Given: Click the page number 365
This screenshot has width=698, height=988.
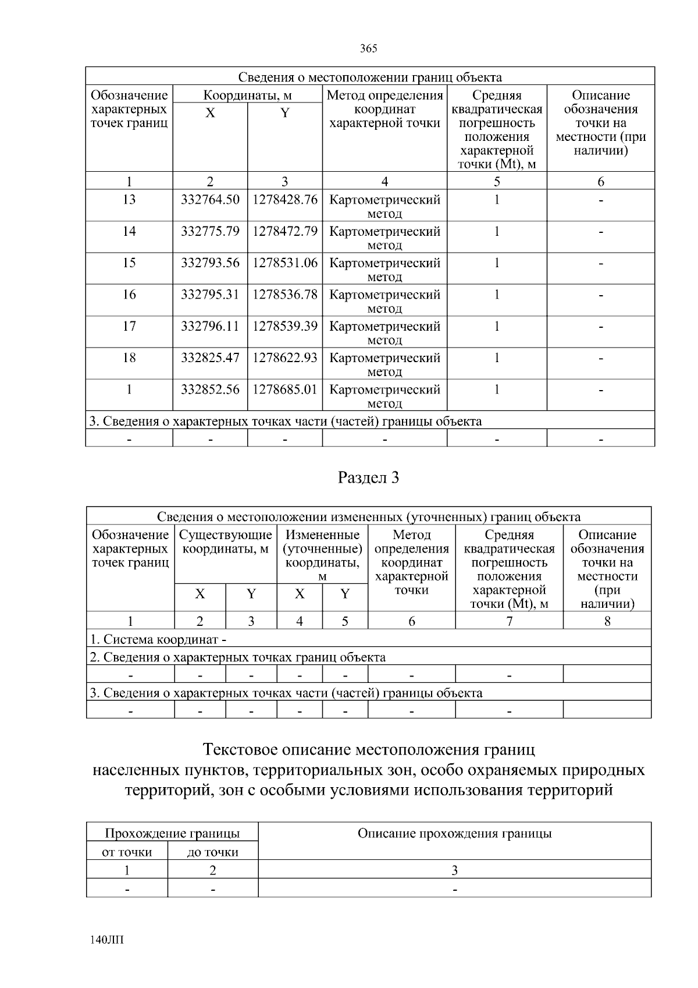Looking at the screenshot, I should [369, 48].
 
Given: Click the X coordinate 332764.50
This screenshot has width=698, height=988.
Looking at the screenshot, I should [210, 200].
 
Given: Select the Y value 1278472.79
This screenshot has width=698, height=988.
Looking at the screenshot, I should [285, 231].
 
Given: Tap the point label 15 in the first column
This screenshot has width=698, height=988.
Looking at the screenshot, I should [129, 263].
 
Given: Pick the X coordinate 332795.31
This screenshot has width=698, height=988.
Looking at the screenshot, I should [210, 295].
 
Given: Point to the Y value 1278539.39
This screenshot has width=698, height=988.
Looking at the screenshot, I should [285, 326].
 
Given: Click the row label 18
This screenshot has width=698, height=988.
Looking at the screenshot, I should [129, 357].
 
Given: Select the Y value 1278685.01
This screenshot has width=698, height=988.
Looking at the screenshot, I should [285, 389].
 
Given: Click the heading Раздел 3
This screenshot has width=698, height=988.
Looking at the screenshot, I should [369, 478].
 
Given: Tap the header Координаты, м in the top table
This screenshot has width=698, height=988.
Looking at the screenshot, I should [247, 95].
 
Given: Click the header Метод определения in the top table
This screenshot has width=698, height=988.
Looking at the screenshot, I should [384, 95].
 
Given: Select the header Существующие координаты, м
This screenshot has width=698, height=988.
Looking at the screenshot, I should [226, 542].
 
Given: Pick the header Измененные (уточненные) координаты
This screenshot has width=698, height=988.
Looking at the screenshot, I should [322, 549].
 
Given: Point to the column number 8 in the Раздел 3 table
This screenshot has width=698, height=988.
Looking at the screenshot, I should [607, 621].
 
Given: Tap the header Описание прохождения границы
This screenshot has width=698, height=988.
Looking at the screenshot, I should [454, 834].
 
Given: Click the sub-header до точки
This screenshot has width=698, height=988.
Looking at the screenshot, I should [213, 852].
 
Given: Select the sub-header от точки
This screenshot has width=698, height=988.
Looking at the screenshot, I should [127, 852].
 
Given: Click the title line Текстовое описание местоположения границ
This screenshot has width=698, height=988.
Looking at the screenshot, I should [369, 749].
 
